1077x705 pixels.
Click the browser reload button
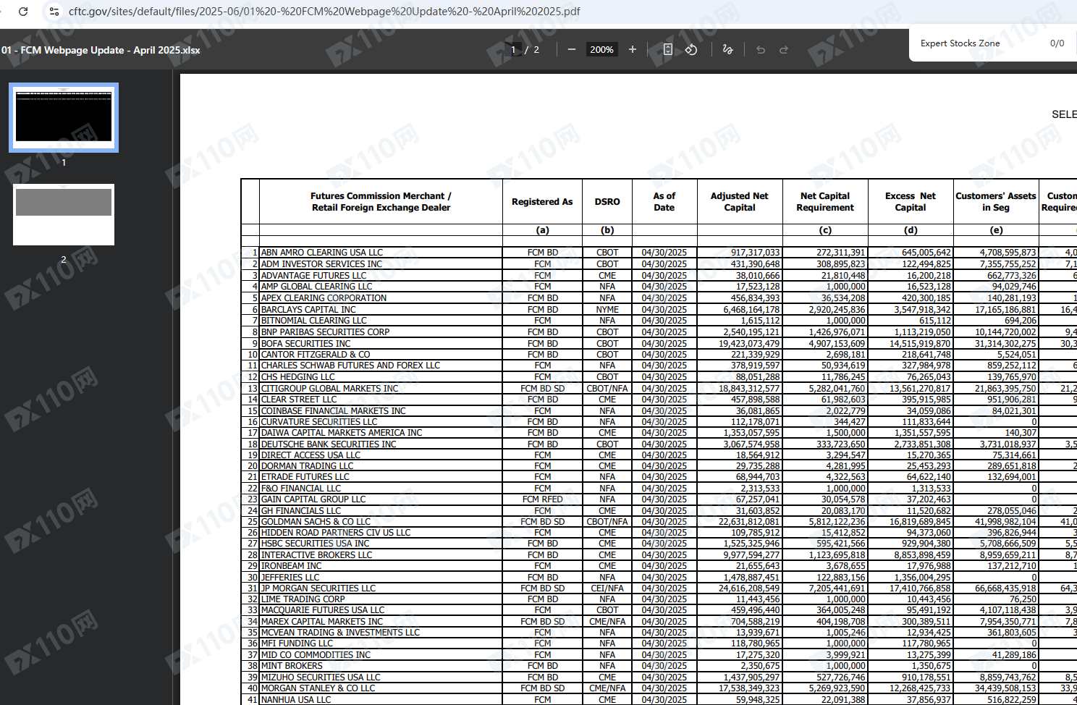(x=23, y=12)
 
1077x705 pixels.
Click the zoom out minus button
(x=572, y=49)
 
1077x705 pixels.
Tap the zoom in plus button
(x=633, y=49)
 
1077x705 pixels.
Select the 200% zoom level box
(x=601, y=49)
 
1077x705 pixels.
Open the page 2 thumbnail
(x=64, y=214)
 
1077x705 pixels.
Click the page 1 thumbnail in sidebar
(x=64, y=117)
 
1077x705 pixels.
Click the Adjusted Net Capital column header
(x=739, y=201)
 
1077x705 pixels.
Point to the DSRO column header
(x=607, y=202)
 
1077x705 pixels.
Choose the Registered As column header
(x=542, y=202)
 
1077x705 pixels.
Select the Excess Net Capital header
(x=910, y=201)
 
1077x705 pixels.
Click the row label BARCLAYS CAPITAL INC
(x=308, y=310)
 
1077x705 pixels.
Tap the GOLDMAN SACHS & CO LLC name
(x=316, y=522)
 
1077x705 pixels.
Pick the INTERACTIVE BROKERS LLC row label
(x=316, y=555)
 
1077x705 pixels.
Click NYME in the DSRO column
(x=607, y=310)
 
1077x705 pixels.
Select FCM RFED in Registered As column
(x=542, y=499)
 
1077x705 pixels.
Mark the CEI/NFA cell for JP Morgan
(x=607, y=588)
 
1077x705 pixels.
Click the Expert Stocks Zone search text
(x=960, y=43)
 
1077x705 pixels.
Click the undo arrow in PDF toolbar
(x=761, y=50)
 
